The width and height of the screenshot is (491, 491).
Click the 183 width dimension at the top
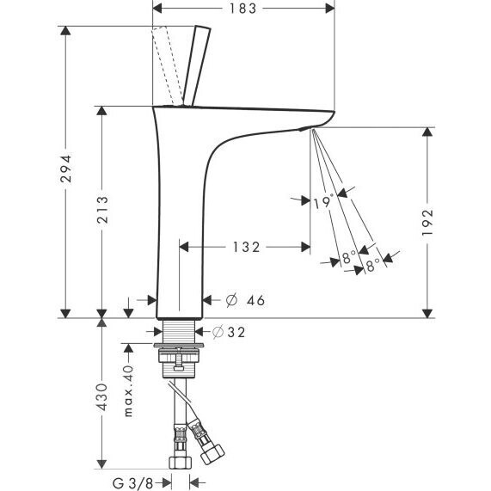[x=243, y=9]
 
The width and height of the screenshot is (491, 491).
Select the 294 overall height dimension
[x=66, y=169]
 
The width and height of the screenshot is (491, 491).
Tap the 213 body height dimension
[x=102, y=210]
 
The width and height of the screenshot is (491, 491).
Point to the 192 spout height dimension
[x=427, y=223]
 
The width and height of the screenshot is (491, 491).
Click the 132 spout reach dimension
[x=247, y=247]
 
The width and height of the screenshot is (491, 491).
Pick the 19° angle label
[x=322, y=203]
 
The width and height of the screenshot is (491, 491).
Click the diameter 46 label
[x=246, y=300]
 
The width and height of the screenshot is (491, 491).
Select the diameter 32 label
[x=229, y=332]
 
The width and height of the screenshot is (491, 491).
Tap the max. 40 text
[x=129, y=390]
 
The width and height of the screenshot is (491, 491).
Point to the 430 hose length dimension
[x=101, y=396]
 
